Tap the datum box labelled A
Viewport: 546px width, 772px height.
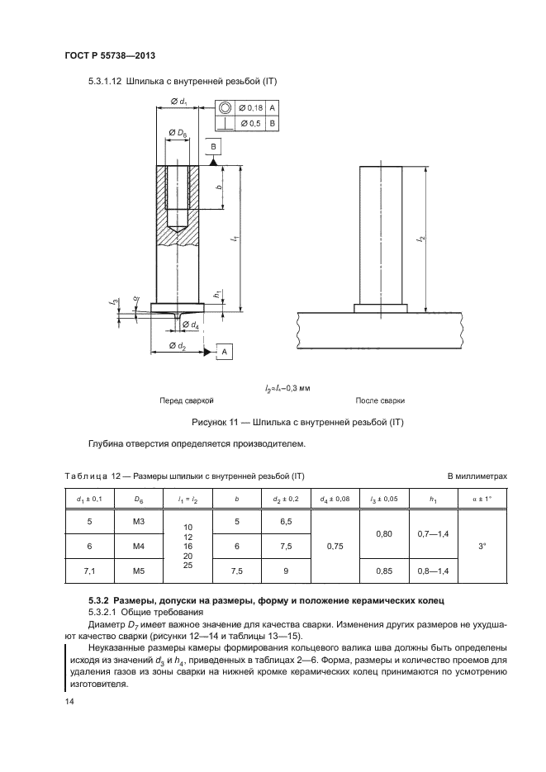pos(223,352)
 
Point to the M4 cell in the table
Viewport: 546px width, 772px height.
pos(130,546)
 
